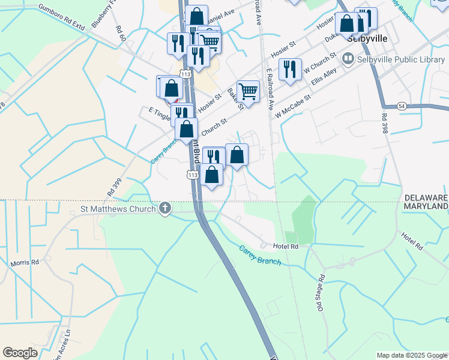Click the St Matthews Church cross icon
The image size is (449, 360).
(165, 209)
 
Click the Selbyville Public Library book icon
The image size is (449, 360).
(347, 59)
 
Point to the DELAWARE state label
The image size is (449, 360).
(426, 197)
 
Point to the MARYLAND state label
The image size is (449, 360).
(426, 206)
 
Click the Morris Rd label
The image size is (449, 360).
(25, 263)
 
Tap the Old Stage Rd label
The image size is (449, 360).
(322, 293)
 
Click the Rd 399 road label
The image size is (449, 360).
(114, 187)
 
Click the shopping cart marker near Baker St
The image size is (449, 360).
(248, 91)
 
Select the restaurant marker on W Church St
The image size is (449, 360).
(290, 69)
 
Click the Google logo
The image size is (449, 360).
(20, 353)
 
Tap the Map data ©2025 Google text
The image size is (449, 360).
(411, 355)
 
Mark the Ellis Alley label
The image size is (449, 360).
(324, 76)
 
